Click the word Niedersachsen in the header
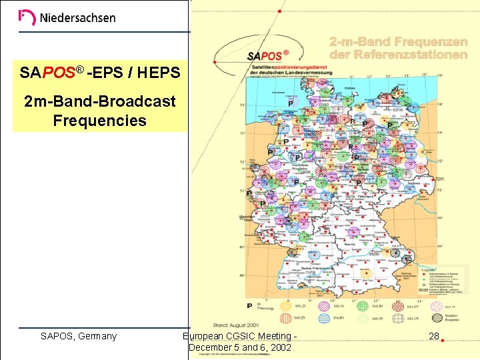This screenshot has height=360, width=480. click(x=77, y=18)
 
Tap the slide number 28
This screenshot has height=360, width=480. click(x=434, y=336)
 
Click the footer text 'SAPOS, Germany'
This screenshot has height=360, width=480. click(x=79, y=336)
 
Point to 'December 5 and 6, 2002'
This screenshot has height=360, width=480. click(x=240, y=347)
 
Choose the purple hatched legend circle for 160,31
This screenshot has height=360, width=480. click(x=323, y=307)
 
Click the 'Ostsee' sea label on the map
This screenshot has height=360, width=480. click(x=350, y=87)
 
